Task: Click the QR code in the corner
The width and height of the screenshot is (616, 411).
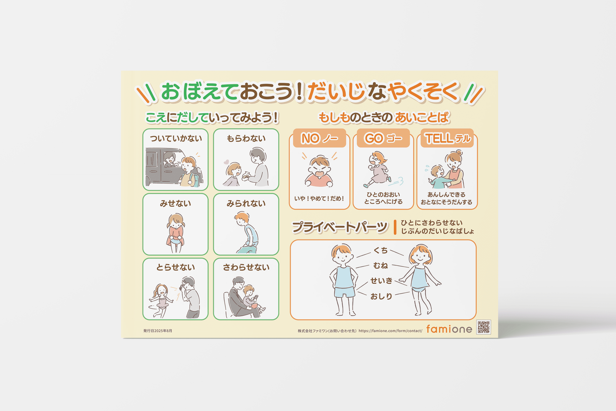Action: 484,327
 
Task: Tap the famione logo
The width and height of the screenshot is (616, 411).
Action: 449,329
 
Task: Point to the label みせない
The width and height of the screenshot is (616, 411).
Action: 176,203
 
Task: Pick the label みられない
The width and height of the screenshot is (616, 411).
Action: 246,203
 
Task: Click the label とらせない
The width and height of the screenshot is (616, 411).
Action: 176,267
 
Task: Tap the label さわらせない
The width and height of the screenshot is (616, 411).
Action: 246,267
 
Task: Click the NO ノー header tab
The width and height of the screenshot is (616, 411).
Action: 319,138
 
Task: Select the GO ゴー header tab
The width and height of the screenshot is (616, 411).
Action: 383,138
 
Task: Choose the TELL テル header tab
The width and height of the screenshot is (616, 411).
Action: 447,138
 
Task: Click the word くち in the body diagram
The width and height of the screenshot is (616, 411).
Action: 380,250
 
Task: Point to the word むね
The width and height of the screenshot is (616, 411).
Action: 380,266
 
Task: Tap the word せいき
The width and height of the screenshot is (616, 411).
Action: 381,281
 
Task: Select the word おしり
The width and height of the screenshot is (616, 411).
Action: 381,296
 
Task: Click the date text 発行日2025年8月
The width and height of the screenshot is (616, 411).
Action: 158,331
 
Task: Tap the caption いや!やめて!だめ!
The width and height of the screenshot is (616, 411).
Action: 319,199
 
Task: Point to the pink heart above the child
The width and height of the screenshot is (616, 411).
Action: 226,162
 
